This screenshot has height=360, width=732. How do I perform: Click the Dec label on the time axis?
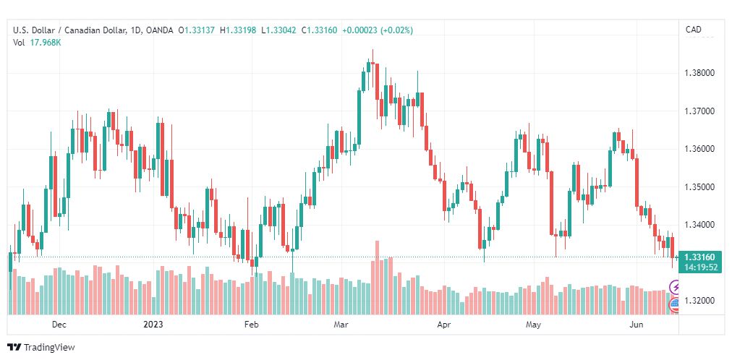click(x=59, y=325)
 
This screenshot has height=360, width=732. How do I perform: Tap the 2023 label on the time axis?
click(x=153, y=325)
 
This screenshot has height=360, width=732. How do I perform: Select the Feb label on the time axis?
click(x=251, y=325)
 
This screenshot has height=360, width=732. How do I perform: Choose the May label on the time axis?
click(x=533, y=325)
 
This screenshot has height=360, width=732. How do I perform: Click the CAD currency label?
click(x=693, y=30)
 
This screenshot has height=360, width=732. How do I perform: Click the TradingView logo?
click(x=41, y=348)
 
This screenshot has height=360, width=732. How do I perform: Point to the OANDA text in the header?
click(x=158, y=31)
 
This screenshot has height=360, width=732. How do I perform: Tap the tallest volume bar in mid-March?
click(x=377, y=278)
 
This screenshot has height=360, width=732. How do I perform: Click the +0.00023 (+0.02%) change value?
click(x=378, y=31)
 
